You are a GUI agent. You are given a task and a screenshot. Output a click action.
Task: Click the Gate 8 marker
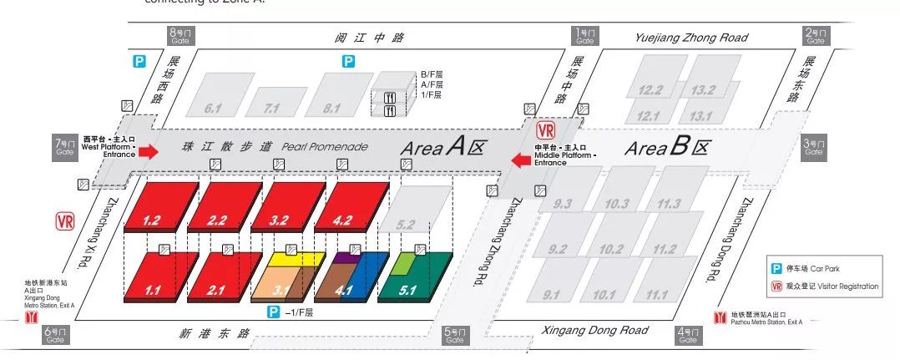[x=179, y=35]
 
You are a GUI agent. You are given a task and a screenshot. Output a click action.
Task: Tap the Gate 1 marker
[x=584, y=35]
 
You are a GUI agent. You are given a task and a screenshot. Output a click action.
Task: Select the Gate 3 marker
[x=813, y=147]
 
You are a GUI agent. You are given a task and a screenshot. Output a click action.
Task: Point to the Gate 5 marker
[x=454, y=336]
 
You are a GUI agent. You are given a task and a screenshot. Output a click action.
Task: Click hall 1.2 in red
[x=160, y=205]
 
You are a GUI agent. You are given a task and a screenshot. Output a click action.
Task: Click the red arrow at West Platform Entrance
[x=148, y=151]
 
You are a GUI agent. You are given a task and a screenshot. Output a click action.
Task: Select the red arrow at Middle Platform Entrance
[x=520, y=160]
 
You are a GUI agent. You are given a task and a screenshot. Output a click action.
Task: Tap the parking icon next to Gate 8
[x=140, y=61]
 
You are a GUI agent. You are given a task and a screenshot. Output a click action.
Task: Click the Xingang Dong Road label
[x=594, y=331]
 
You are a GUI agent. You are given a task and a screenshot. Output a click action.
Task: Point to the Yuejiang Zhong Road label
[x=690, y=38]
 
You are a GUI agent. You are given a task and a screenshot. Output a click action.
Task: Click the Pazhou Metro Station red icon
[x=719, y=317]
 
